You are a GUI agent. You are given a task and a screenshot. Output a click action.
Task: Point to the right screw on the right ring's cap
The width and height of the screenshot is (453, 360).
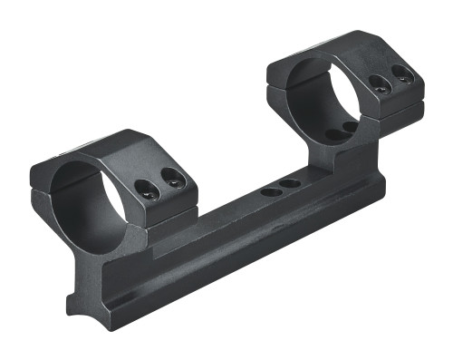coord(404,76)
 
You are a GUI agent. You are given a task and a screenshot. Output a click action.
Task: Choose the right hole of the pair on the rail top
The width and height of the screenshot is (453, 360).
coord(290,184)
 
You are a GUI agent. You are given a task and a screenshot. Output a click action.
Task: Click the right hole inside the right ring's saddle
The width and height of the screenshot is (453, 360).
coord(351,127)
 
